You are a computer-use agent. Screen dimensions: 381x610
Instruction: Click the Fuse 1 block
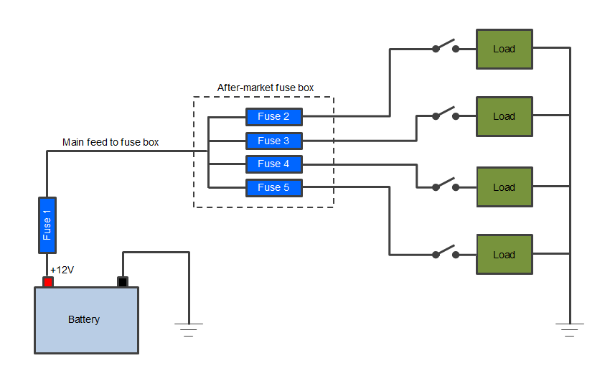point(47,225)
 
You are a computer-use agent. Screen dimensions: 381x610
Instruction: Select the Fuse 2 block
point(273,116)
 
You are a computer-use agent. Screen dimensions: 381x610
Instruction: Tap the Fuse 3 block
point(273,140)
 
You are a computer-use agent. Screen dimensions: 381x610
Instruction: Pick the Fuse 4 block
point(273,164)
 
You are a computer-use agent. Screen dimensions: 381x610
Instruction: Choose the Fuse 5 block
point(273,187)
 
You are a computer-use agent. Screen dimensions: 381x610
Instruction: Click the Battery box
point(86,319)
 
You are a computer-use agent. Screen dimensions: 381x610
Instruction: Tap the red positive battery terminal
point(48,281)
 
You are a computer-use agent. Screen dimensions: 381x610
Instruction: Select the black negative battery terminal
point(123,281)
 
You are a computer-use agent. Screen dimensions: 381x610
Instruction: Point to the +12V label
point(62,270)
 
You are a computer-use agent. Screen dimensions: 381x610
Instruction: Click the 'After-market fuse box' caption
point(265,88)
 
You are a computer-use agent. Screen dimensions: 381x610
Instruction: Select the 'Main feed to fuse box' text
point(111,142)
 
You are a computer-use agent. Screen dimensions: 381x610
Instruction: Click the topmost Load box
point(505,49)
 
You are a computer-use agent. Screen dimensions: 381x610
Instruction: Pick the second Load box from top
point(505,116)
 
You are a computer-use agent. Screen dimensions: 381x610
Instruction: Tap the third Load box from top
point(505,187)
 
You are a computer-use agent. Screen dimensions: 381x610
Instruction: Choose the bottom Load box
point(505,254)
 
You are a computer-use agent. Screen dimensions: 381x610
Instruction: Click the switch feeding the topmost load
point(446,47)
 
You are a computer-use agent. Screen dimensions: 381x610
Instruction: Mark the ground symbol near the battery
point(189,329)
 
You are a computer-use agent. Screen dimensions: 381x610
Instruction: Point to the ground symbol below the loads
point(570,329)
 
